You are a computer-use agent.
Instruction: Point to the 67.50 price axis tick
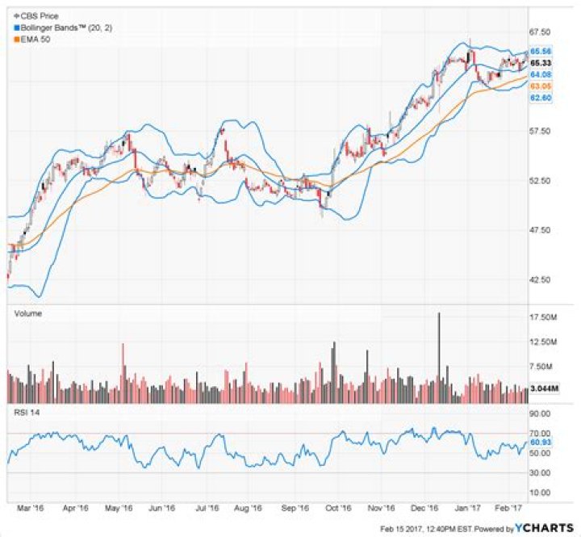[x=540, y=31]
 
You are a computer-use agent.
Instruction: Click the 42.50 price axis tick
[x=540, y=280]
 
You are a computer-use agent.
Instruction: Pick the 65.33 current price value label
[x=540, y=62]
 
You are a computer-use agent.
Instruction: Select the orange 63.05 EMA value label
[x=540, y=86]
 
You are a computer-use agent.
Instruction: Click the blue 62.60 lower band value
[x=540, y=97]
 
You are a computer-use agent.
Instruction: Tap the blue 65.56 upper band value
[x=540, y=51]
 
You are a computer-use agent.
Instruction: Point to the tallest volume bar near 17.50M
[x=439, y=355]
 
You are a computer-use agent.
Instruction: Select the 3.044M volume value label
[x=541, y=388]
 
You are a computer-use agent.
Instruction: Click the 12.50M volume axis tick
[x=541, y=343]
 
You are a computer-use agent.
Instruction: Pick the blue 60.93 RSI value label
[x=540, y=443]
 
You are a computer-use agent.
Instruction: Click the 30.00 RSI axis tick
[x=540, y=473]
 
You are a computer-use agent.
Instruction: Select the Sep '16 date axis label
[x=296, y=509]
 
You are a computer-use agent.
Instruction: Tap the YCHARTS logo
[x=542, y=528]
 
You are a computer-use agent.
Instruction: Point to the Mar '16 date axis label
[x=30, y=509]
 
